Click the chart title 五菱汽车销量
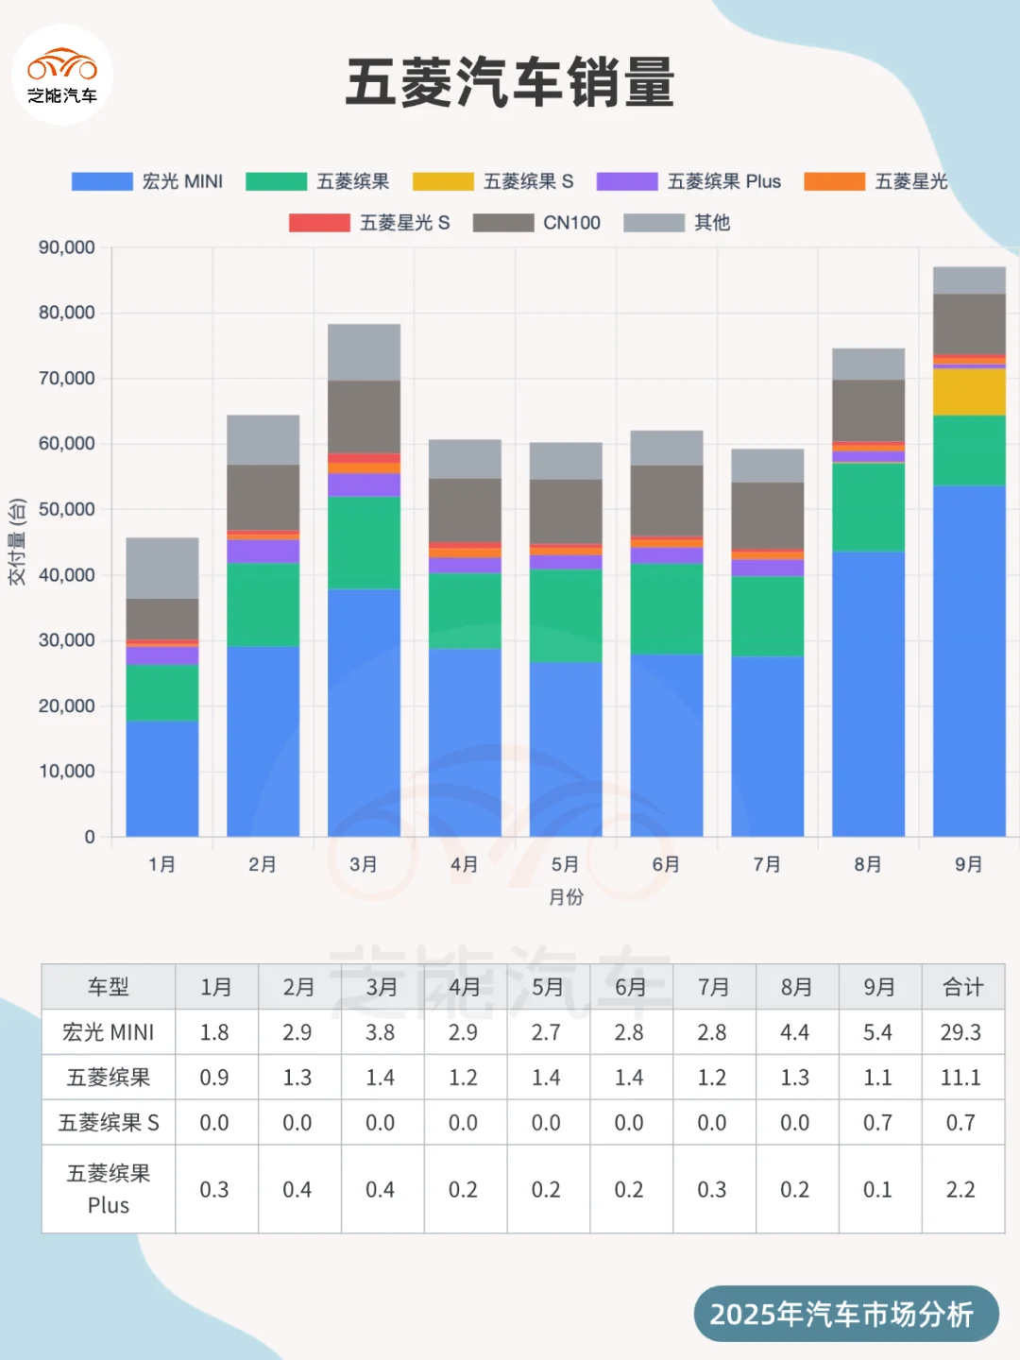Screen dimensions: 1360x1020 pyautogui.click(x=510, y=82)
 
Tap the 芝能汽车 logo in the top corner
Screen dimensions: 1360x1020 pyautogui.click(x=62, y=76)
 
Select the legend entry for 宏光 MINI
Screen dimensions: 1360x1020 pyautogui.click(x=148, y=181)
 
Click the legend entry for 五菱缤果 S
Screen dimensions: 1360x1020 pyautogui.click(x=494, y=181)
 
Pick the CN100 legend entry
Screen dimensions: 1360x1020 pyautogui.click(x=537, y=223)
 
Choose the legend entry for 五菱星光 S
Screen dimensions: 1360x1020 pyautogui.click(x=370, y=223)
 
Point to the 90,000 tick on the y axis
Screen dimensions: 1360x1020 pyautogui.click(x=67, y=247)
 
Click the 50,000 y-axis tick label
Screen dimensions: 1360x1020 pyautogui.click(x=67, y=509)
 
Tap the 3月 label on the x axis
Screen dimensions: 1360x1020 pyautogui.click(x=364, y=864)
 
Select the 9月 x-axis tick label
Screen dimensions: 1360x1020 pyautogui.click(x=969, y=864)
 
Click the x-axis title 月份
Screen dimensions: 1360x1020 pyautogui.click(x=566, y=897)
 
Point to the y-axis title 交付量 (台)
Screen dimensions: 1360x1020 pyautogui.click(x=17, y=542)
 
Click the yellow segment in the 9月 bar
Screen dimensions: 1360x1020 pyautogui.click(x=969, y=392)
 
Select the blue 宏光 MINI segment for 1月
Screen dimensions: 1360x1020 pyautogui.click(x=162, y=778)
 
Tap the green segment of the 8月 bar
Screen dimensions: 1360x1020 pyautogui.click(x=868, y=507)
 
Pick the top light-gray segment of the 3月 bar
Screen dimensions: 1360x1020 pyautogui.click(x=364, y=352)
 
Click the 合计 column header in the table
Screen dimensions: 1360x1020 pyautogui.click(x=962, y=987)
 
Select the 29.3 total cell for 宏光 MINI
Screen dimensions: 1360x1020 pyautogui.click(x=961, y=1032)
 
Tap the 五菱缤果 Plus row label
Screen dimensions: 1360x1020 pyautogui.click(x=109, y=1189)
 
